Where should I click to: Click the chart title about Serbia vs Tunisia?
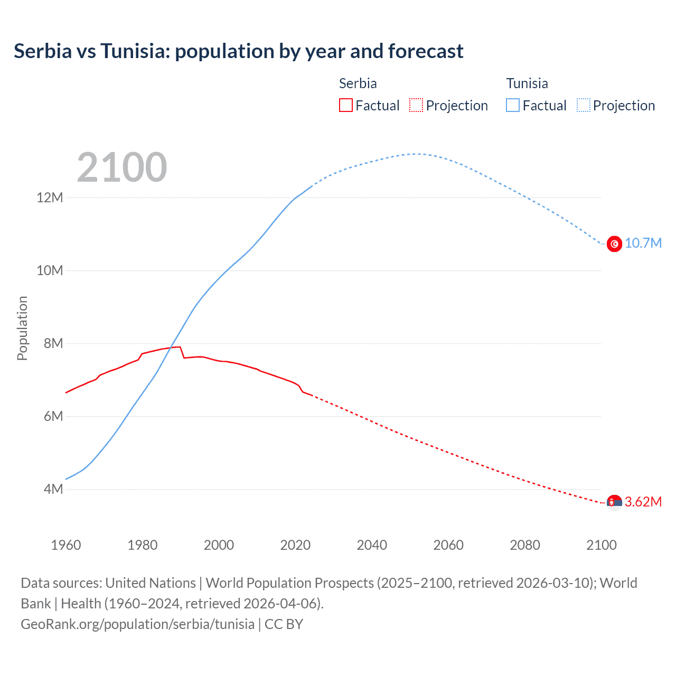238,51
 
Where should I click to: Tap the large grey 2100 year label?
122,167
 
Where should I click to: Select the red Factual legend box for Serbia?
345,105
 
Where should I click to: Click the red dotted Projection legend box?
416,105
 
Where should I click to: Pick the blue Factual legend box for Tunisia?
513,105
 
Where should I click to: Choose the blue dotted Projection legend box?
584,105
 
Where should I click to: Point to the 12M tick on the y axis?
50,198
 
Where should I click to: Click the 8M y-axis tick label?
53,343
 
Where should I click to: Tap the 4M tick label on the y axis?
53,489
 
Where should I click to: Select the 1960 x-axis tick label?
66,545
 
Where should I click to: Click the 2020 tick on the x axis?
295,545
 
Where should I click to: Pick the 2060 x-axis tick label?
448,545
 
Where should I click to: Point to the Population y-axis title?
22,328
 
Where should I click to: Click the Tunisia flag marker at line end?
614,243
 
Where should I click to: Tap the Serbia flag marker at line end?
614,502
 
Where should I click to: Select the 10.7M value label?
643,243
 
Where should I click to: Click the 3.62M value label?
643,502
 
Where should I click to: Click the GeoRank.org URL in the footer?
137,624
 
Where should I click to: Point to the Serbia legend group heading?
358,83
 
